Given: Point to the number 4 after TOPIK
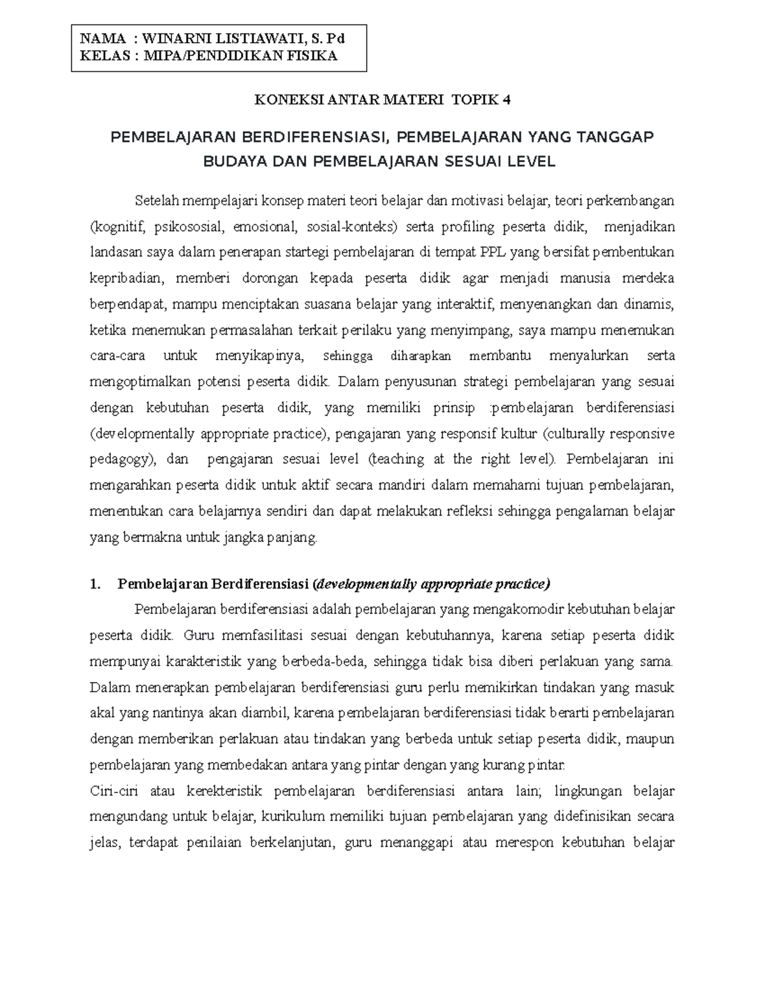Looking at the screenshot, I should click(x=507, y=99).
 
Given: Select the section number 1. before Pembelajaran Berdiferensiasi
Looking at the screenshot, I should click(x=96, y=584).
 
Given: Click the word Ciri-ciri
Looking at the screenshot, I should click(x=113, y=791).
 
